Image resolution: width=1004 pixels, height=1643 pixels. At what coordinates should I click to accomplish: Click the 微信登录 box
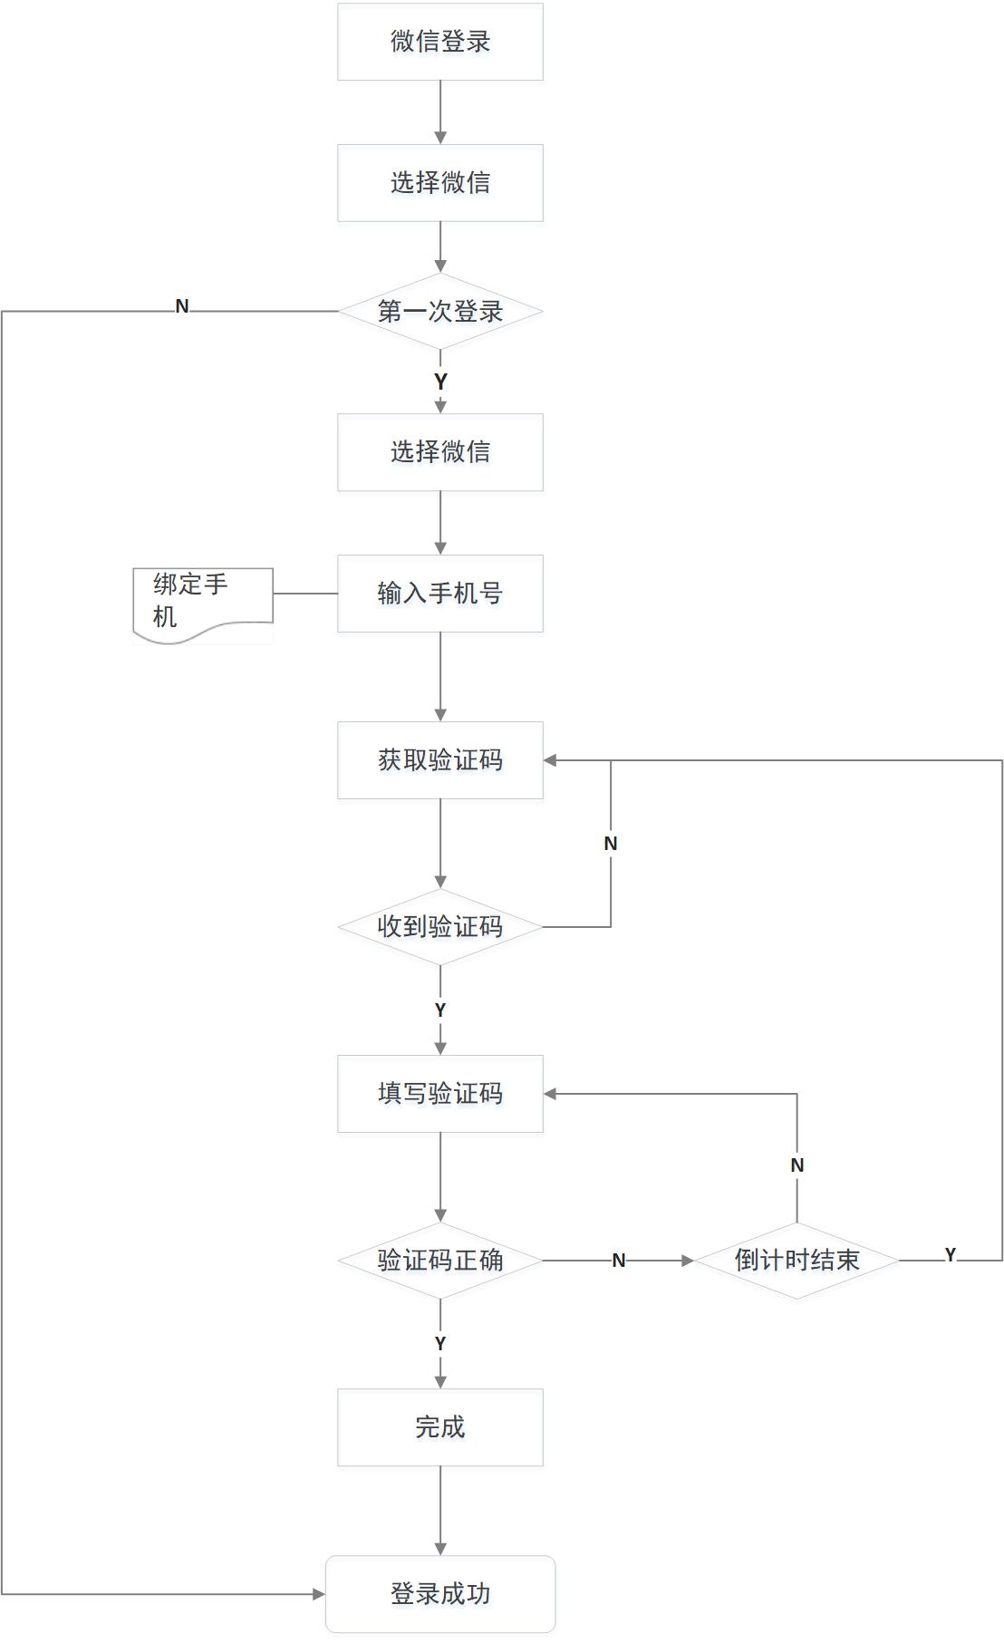coord(440,42)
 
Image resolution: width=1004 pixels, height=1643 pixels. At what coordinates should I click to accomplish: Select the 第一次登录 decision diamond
coord(440,312)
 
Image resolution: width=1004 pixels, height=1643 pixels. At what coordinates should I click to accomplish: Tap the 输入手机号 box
coord(440,594)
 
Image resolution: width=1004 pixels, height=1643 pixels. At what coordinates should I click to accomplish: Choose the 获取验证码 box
coord(440,760)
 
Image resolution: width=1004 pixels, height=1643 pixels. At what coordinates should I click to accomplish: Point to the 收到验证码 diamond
coord(440,927)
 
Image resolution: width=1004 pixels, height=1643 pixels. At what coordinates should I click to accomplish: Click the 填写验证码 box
coord(440,1094)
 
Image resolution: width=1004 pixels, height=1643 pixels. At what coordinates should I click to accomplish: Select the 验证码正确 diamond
coord(440,1261)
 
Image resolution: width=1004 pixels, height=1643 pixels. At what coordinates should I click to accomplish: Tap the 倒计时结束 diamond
coord(796,1261)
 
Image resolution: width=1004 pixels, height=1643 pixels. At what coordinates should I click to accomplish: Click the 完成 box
coord(440,1427)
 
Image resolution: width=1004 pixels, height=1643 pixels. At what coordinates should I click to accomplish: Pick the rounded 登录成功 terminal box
coord(440,1594)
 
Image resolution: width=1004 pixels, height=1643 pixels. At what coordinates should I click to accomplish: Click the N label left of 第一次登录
coord(182,306)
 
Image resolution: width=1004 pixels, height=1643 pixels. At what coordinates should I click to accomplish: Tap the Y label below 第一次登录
coord(440,382)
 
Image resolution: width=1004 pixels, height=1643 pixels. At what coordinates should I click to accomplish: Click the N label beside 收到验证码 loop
coord(611,844)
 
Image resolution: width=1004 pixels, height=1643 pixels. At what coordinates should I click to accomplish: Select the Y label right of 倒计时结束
coord(950,1255)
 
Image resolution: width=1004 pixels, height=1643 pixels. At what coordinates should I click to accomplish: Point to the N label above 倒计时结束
coord(797,1165)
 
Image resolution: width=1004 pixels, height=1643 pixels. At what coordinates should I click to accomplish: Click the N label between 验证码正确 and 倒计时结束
coord(619,1261)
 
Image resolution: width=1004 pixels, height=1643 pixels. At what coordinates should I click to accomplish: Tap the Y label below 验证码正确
coord(440,1344)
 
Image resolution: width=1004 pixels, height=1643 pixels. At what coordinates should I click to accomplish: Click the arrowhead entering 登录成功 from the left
coord(319,1594)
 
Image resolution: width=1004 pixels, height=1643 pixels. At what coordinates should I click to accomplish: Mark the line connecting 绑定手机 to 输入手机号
coord(305,594)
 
